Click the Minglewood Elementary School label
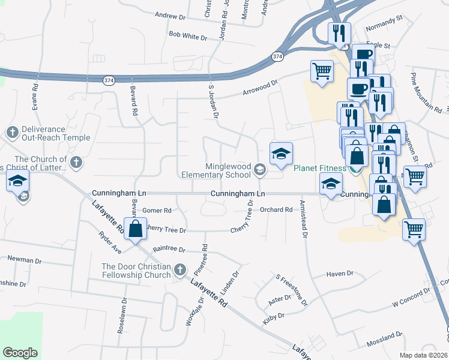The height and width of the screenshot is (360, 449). pos(228,170)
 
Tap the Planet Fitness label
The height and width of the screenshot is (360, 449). pos(320,168)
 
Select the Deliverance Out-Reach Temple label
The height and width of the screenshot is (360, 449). pos(47,133)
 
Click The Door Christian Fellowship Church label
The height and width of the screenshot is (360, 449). pos(136,271)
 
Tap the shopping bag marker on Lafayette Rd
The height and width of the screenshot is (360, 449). pos(136,229)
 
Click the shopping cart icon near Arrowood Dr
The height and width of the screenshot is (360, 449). pos(322,72)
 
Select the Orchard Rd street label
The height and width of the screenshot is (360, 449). pos(276,209)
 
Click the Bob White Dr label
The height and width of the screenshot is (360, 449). pos(187,37)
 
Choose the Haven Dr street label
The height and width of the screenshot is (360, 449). pos(340,274)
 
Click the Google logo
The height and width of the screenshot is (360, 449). pos(20,353)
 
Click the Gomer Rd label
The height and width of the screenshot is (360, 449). pos(157,211)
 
